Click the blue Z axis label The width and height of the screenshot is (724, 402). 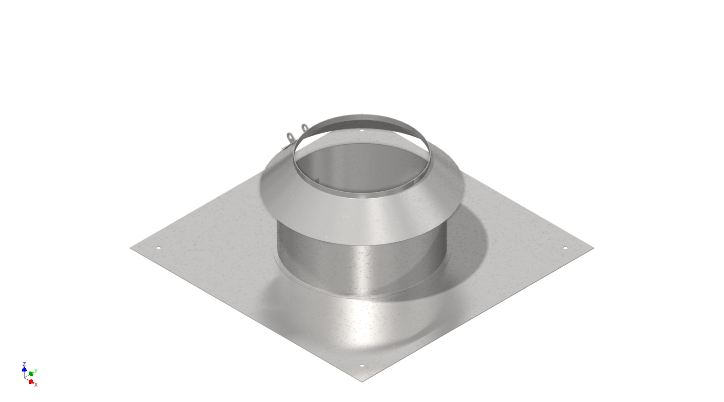tap(24, 365)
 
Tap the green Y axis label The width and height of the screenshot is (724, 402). tap(36, 371)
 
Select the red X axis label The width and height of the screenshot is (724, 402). tap(36, 384)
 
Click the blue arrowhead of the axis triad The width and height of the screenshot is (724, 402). tap(24, 369)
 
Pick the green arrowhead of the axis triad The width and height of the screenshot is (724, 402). tap(31, 373)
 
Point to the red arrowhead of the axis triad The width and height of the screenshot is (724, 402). tap(31, 381)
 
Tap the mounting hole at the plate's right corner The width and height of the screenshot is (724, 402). tap(566, 248)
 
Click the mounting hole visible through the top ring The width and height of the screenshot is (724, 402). tap(362, 130)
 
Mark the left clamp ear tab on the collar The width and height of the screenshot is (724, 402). tap(290, 136)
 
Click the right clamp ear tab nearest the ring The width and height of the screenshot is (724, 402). tap(304, 127)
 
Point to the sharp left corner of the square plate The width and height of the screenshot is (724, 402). tap(131, 248)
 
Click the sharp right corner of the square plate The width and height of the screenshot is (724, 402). tap(593, 248)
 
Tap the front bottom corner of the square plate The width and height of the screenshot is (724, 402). tap(362, 382)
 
